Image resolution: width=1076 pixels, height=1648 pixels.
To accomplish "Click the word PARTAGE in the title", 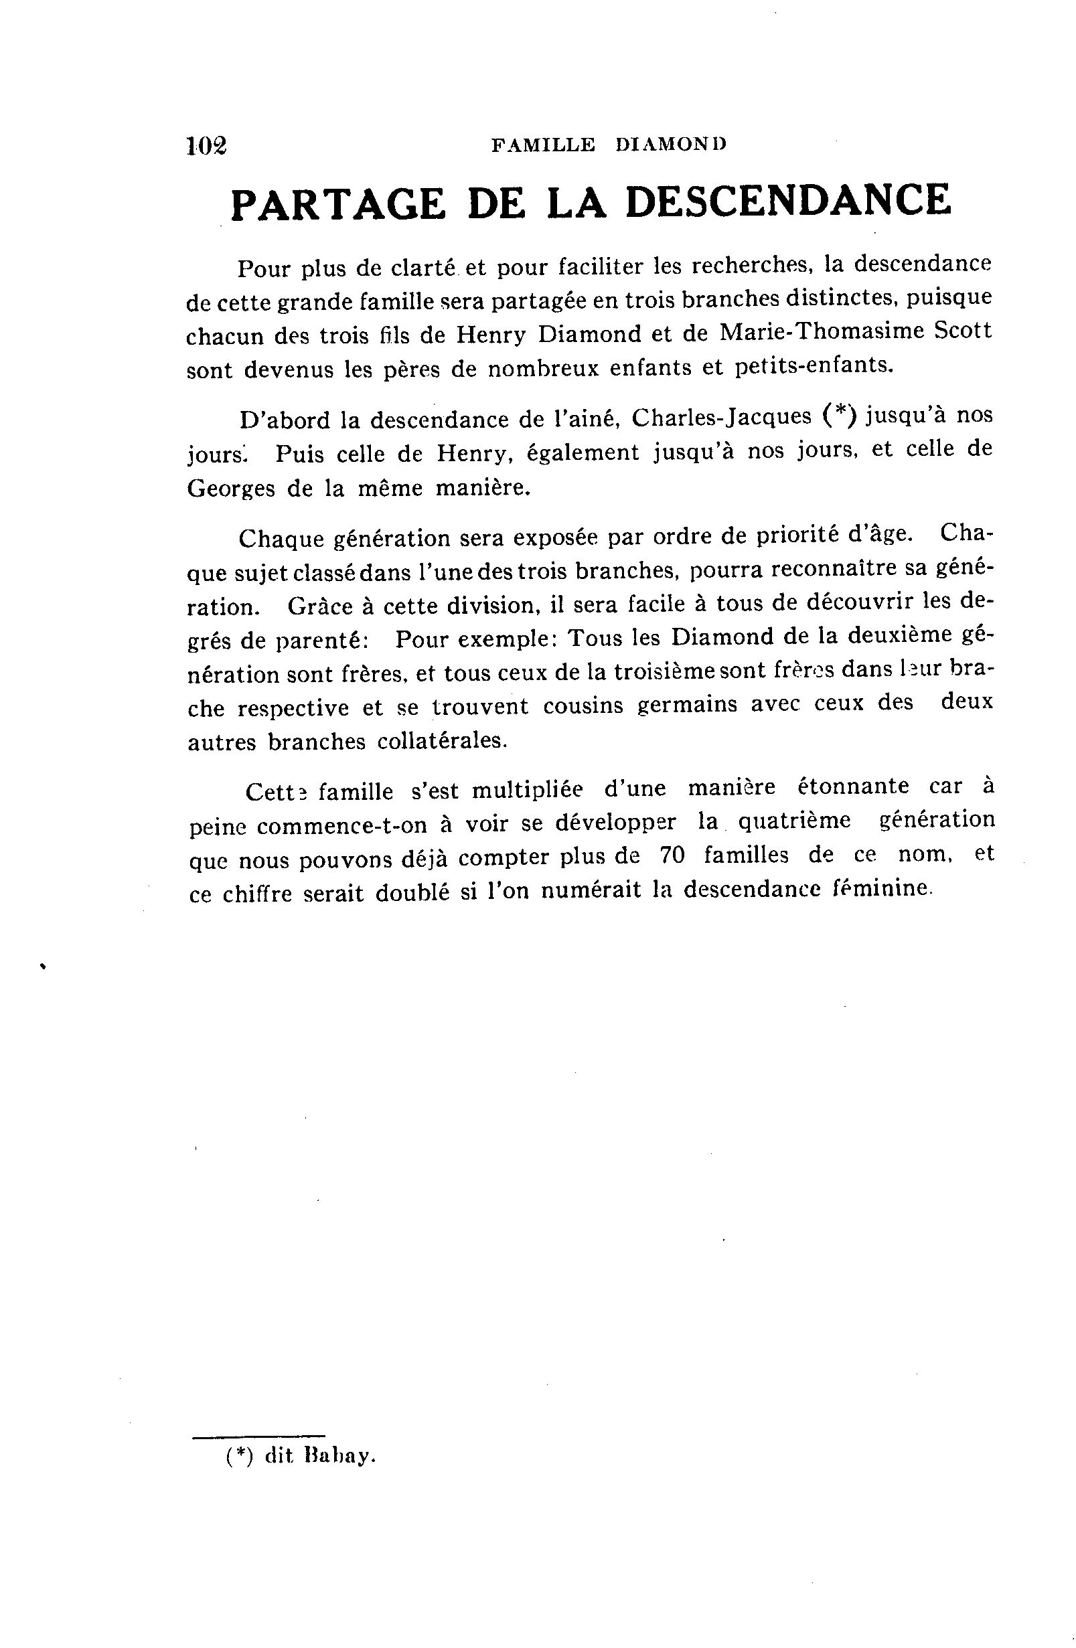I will pos(337,204).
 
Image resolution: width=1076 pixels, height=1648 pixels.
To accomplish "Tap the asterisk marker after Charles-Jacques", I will pos(841,414).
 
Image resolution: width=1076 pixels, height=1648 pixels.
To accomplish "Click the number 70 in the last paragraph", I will pos(672,856).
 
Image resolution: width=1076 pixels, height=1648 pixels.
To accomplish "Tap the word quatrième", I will pos(793,821).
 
